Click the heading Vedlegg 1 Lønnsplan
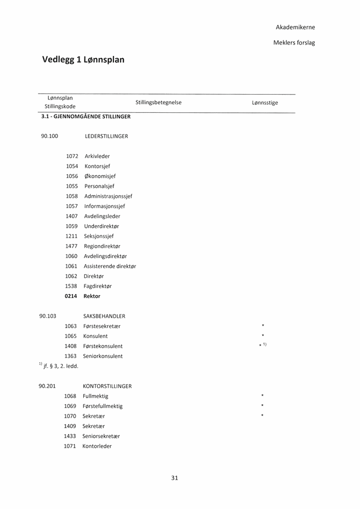click(83, 60)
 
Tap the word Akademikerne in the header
click(296, 27)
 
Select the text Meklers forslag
click(294, 42)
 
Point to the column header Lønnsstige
click(265, 103)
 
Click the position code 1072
click(72, 156)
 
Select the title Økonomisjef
click(100, 176)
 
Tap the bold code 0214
click(71, 296)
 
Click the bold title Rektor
click(92, 296)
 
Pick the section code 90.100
click(49, 136)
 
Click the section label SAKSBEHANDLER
click(104, 316)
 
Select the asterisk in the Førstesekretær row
click(263, 326)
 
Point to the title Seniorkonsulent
click(103, 356)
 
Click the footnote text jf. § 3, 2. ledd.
click(61, 366)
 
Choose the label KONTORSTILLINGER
click(107, 386)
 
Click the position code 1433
click(70, 436)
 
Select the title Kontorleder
click(97, 446)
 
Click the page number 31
click(175, 478)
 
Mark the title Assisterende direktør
click(110, 266)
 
